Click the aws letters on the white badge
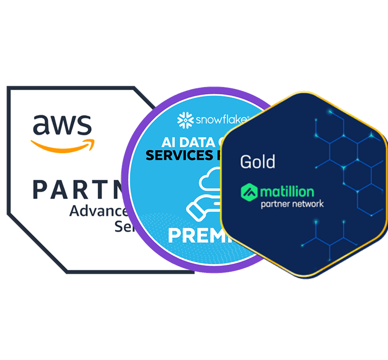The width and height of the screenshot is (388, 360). click(62, 124)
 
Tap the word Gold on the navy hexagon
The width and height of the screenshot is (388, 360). click(257, 161)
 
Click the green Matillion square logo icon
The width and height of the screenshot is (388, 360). click(249, 192)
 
